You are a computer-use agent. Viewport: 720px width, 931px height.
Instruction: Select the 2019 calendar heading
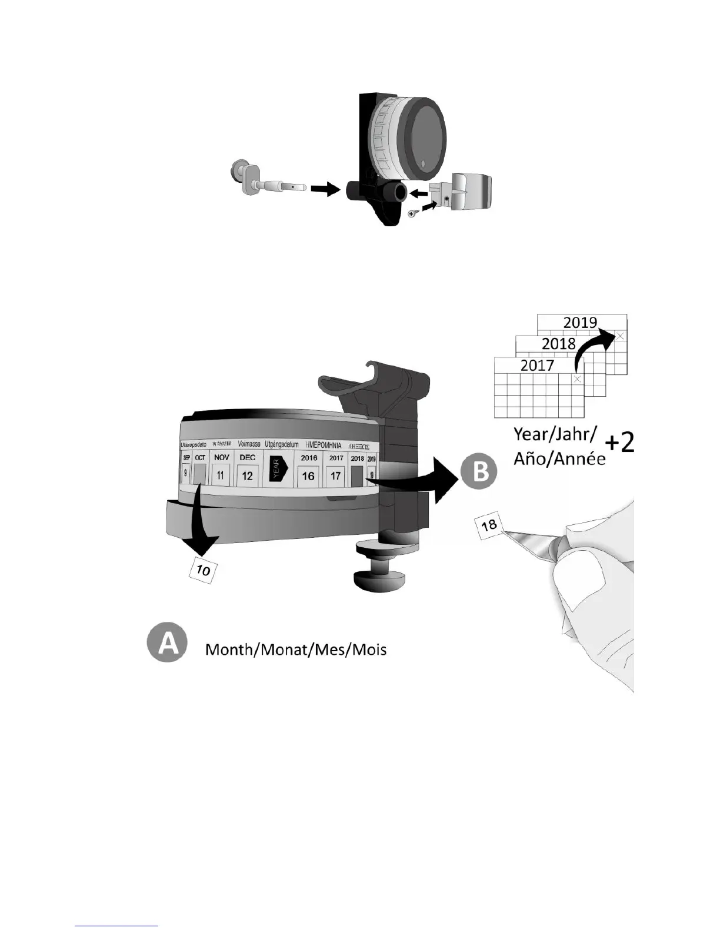580,322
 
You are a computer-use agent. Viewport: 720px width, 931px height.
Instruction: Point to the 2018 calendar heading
558,344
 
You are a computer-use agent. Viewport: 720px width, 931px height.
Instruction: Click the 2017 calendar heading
537,366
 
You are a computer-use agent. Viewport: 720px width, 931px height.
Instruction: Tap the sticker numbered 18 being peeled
489,525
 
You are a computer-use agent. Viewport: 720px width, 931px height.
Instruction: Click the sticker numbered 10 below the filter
203,570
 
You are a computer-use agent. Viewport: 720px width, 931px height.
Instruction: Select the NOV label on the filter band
221,457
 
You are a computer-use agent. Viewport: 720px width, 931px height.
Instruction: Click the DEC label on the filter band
247,457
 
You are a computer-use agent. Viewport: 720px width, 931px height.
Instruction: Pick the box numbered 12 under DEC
247,475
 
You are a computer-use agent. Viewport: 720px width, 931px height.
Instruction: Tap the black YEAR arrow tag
276,469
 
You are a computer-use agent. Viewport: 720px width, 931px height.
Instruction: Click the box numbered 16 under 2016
308,476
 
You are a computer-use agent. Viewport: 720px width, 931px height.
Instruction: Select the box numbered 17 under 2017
335,475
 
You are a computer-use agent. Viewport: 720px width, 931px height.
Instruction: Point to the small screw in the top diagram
413,214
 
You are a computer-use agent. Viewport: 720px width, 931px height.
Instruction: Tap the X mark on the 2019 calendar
620,336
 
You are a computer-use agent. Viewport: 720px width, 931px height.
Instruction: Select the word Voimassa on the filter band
249,444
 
